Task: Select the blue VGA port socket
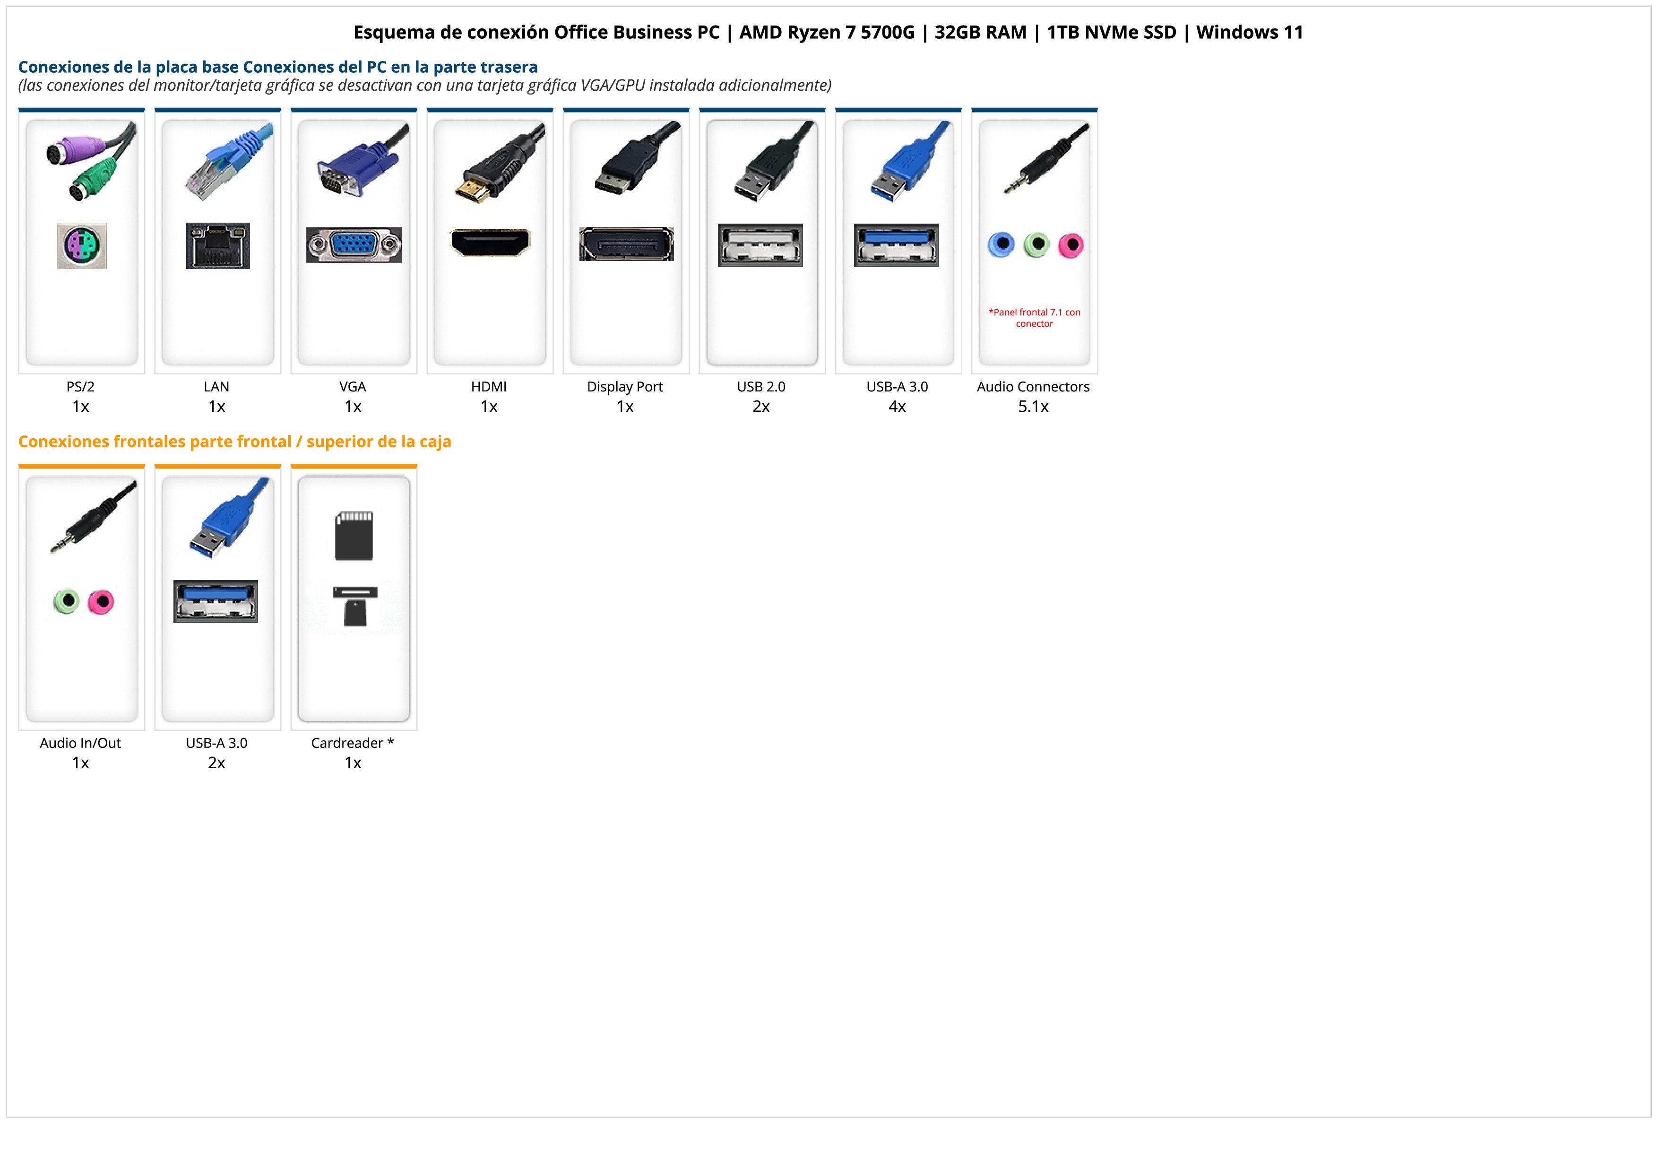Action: click(354, 245)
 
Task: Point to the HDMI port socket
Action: click(490, 242)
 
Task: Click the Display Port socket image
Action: click(626, 244)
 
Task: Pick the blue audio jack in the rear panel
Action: click(1001, 245)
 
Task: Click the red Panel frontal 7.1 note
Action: click(1034, 318)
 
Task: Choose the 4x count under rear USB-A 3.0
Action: click(897, 407)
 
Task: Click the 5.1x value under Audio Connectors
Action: click(1033, 407)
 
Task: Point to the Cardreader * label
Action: click(353, 743)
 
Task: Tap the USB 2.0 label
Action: click(761, 386)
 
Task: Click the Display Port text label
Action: click(625, 386)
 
